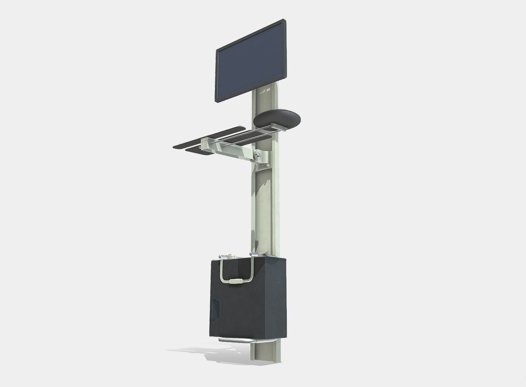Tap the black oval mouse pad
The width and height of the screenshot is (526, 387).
pos(277,118)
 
